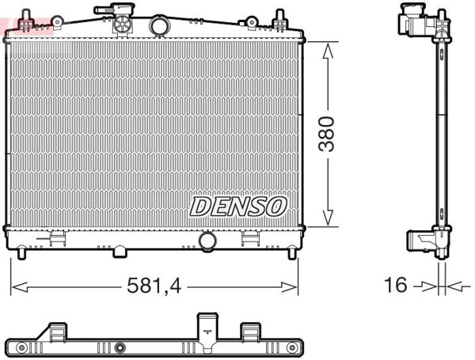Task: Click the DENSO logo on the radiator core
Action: pyautogui.click(x=237, y=207)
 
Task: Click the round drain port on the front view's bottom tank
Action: pyautogui.click(x=208, y=240)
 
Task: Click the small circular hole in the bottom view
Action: pyautogui.click(x=120, y=347)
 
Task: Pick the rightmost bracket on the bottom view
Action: pyautogui.click(x=250, y=332)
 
